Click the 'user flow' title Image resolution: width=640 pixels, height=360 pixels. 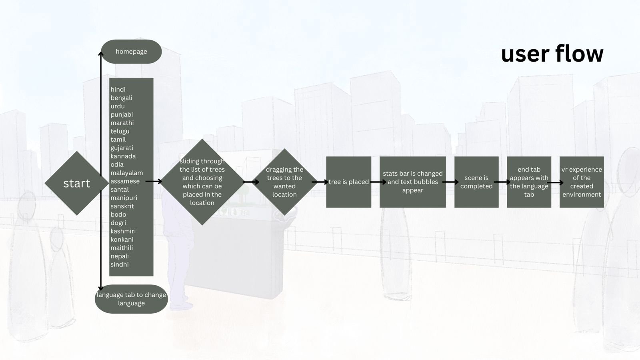[x=552, y=54]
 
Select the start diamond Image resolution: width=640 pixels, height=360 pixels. [x=76, y=183]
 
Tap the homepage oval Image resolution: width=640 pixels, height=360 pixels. [x=131, y=52]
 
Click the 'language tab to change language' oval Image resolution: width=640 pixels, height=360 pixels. [x=131, y=299]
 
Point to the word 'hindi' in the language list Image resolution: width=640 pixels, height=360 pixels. [x=118, y=90]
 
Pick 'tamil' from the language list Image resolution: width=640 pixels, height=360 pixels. [x=118, y=140]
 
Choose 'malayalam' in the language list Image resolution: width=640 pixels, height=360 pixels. [x=126, y=173]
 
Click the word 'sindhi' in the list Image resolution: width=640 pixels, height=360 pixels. [x=120, y=264]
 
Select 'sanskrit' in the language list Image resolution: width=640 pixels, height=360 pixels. [x=122, y=206]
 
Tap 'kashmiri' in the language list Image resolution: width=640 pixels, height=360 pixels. [x=123, y=231]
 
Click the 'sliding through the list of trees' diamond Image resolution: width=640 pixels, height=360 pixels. [x=202, y=182]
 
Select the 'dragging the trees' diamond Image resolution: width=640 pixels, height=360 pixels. [x=284, y=182]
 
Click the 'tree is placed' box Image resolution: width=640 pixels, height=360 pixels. [x=348, y=182]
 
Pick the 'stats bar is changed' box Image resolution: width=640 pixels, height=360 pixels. [x=412, y=182]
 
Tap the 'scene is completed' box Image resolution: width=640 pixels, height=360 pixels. [x=476, y=182]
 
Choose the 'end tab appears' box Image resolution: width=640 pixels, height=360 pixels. [x=529, y=182]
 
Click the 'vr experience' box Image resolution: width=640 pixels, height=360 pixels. [x=581, y=182]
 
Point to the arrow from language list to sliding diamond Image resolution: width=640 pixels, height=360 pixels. [x=154, y=182]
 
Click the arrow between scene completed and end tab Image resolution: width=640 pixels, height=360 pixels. [x=502, y=182]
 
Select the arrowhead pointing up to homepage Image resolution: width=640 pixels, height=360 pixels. [x=101, y=54]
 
